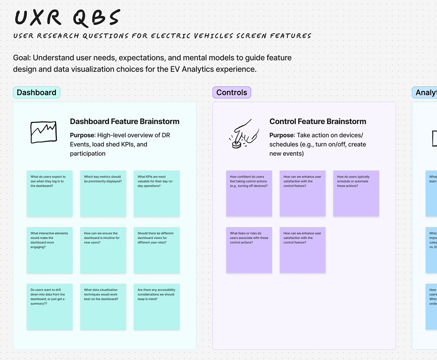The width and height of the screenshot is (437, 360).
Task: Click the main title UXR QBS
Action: click(x=67, y=17)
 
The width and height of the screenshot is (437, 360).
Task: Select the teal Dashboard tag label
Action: click(x=36, y=93)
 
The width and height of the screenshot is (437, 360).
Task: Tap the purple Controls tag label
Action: click(x=232, y=93)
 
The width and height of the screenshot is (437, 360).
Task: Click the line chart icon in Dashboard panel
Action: click(x=43, y=132)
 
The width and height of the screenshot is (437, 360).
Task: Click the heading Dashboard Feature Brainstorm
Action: click(x=125, y=122)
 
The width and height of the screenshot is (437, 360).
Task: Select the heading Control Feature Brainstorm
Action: click(x=318, y=122)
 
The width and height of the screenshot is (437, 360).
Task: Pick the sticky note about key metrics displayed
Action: click(x=103, y=194)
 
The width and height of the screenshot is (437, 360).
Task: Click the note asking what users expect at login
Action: click(x=50, y=194)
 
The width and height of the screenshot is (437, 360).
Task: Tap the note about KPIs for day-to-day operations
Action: click(x=157, y=194)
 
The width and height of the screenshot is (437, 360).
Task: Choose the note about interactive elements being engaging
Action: click(x=50, y=250)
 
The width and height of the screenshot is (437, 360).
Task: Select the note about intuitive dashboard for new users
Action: click(x=103, y=250)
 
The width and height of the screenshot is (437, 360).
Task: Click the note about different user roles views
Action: click(x=157, y=250)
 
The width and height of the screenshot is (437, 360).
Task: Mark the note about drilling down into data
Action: click(x=50, y=307)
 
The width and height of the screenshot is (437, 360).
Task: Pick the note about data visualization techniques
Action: click(x=103, y=307)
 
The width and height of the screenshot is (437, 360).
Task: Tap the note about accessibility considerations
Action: click(x=157, y=307)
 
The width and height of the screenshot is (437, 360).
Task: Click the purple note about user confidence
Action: click(x=249, y=194)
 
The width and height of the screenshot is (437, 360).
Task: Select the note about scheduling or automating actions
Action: click(x=356, y=194)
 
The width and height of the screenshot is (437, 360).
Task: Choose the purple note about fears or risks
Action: click(x=249, y=250)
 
